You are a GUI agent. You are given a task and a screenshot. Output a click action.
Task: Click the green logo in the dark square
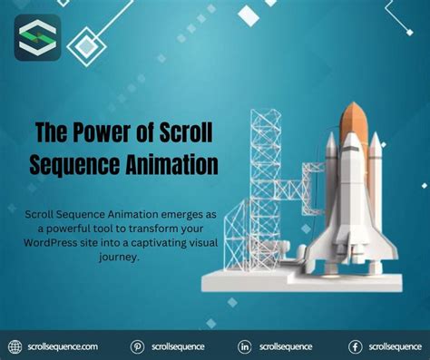pos(38,38)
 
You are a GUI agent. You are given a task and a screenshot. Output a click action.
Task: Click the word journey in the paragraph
pos(122,257)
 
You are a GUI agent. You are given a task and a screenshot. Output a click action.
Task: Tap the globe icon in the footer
pos(15,346)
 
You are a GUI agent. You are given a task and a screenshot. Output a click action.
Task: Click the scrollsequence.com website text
pos(64,346)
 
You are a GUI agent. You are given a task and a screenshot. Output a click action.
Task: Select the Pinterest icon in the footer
pos(138,346)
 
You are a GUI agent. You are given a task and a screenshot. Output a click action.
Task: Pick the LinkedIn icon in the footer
pos(245,346)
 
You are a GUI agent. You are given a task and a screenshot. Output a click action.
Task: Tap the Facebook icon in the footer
pos(356,346)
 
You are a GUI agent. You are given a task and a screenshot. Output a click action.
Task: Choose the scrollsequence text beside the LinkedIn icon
pos(286,346)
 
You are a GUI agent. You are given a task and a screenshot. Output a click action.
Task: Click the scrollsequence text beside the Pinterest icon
pos(179,346)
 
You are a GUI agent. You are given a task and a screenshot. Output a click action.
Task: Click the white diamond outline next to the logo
pos(86,44)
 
